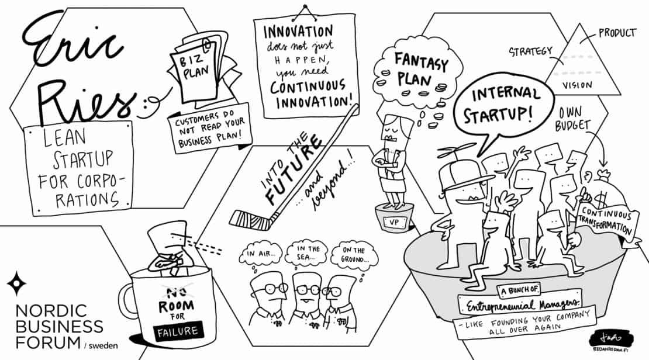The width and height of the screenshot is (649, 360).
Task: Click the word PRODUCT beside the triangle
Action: coord(617,33)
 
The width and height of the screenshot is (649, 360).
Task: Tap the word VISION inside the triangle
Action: coord(577,85)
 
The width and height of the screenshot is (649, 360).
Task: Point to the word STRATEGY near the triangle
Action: coord(530,52)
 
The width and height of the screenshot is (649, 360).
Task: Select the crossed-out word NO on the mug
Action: coord(175,293)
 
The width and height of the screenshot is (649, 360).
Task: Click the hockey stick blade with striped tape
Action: coord(251,220)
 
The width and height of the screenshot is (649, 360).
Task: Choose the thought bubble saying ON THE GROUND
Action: coord(354,254)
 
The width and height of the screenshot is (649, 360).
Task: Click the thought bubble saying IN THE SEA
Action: coord(307,253)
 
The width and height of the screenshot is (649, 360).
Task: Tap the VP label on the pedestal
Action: coord(394,223)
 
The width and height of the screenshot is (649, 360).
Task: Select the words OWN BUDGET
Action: coord(573,119)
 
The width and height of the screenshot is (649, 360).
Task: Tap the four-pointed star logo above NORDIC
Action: coord(16,283)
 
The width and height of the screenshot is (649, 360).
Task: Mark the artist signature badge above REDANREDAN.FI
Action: coord(611,337)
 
